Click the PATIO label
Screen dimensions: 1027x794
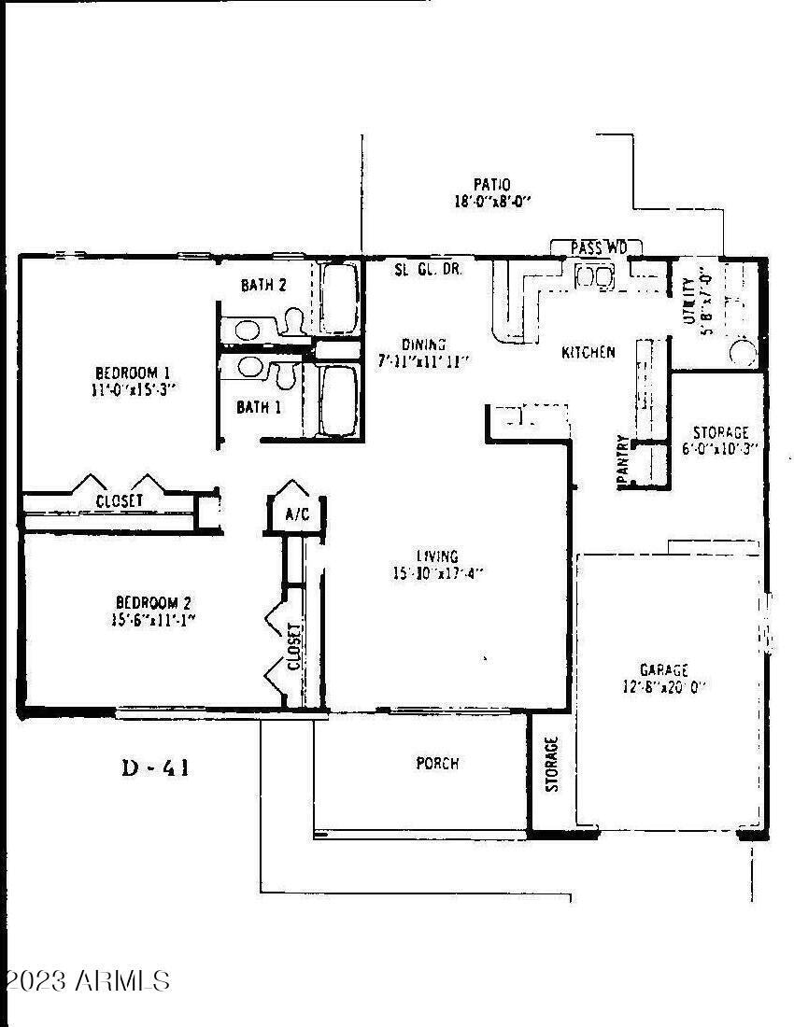(491, 185)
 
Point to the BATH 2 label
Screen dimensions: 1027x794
(263, 286)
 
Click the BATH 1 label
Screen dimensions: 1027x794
(259, 407)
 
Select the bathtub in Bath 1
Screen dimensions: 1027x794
(338, 401)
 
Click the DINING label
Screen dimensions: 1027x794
(424, 344)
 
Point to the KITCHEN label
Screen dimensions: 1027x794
(588, 352)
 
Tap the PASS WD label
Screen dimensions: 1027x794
(595, 247)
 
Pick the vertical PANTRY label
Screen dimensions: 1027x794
(621, 459)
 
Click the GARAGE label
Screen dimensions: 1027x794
(663, 670)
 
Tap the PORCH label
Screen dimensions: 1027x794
(437, 764)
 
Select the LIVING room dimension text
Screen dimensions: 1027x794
(438, 573)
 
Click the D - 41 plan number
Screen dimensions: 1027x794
(157, 768)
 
